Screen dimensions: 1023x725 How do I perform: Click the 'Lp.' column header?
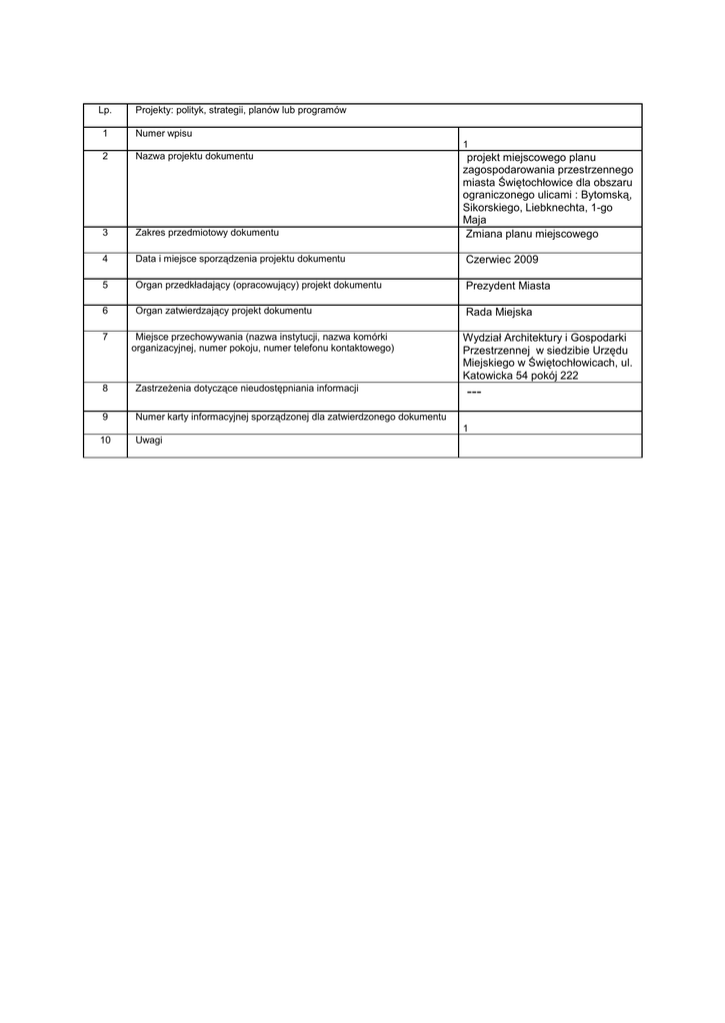click(104, 110)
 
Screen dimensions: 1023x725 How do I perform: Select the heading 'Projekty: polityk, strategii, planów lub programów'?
click(240, 110)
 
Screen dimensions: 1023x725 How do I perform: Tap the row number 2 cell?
click(104, 157)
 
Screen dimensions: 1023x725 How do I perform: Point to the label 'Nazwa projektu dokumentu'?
click(194, 157)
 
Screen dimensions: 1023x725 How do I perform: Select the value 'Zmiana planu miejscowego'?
click(531, 234)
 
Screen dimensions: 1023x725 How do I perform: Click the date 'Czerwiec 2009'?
click(502, 260)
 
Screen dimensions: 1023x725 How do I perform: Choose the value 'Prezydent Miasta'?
click(508, 286)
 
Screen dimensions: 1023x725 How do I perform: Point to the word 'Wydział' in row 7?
click(482, 338)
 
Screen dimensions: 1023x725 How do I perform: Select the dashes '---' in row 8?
click(474, 395)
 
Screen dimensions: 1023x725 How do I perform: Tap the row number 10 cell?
click(104, 440)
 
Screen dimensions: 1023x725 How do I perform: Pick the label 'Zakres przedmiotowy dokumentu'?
click(207, 233)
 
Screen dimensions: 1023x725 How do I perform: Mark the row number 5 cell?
click(104, 285)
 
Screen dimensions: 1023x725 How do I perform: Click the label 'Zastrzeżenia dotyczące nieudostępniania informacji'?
click(246, 388)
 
